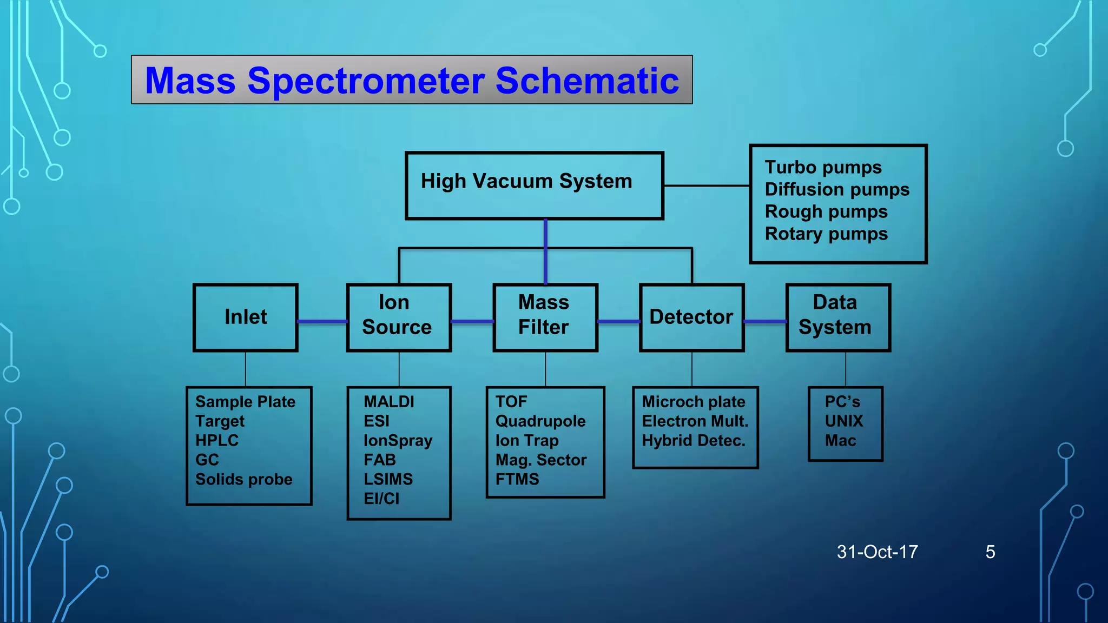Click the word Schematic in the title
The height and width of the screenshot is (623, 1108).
587,81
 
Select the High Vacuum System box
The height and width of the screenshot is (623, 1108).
534,185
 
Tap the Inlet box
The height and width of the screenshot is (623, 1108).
246,317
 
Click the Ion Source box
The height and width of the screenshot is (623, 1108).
399,317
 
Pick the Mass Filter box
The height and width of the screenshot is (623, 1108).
545,317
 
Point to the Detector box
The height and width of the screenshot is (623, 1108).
691,317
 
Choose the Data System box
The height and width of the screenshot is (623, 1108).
837,317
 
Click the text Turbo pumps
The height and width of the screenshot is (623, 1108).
823,168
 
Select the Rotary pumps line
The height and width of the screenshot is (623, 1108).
826,234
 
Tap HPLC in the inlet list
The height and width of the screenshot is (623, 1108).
217,441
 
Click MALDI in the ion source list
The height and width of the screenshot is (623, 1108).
389,402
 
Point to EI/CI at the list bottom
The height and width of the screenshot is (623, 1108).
381,499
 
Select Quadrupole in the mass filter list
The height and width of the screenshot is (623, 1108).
540,421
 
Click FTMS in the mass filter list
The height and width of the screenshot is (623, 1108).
517,479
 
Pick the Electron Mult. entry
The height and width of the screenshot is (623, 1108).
695,421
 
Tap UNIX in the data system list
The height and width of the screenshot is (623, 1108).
843,421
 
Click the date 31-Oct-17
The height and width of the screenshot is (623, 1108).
877,552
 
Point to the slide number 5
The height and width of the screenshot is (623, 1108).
990,552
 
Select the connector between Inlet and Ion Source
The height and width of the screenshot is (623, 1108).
322,322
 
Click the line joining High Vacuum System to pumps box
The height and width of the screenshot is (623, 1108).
706,185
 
